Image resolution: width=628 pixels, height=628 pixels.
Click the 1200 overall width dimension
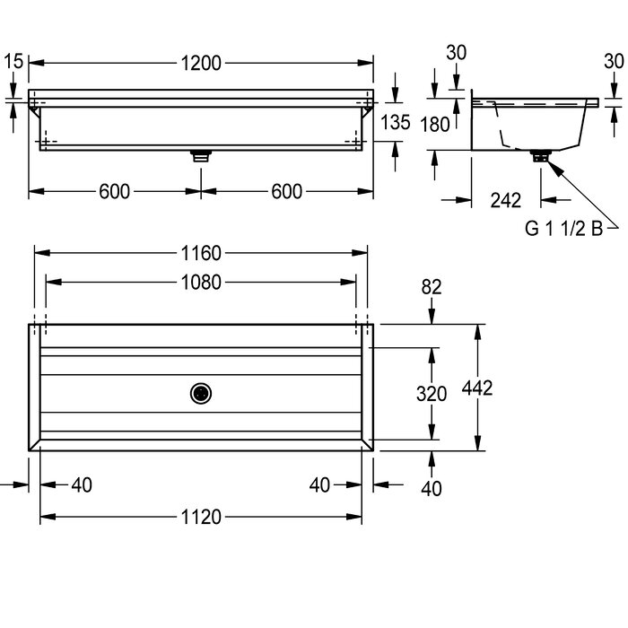coord(201,64)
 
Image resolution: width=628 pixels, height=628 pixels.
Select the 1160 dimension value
coord(201,253)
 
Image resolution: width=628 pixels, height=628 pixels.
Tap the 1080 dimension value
coord(201,283)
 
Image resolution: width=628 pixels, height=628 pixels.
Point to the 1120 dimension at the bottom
coord(201,517)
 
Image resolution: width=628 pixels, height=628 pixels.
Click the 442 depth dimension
coord(477,388)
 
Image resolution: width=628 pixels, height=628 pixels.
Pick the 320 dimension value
coord(432,394)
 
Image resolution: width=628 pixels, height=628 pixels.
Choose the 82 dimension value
coord(432,287)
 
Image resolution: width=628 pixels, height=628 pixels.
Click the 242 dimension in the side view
coord(505,200)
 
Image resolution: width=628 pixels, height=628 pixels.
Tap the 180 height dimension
coord(435,125)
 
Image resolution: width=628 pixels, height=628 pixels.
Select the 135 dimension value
coord(396,122)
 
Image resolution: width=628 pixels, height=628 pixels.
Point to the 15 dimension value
coord(13,61)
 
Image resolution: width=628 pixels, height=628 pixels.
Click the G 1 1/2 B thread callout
coord(563,229)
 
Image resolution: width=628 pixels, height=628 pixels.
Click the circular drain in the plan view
coord(201,394)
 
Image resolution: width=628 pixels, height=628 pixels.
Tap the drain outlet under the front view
coord(201,156)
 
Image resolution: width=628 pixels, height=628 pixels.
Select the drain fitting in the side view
coord(541,156)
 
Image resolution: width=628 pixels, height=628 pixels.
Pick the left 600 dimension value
coord(114,191)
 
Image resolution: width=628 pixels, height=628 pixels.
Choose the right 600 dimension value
coord(286,191)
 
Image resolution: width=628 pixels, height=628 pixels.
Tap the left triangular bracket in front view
coord(35,111)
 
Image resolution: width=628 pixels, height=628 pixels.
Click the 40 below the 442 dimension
coord(432,489)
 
